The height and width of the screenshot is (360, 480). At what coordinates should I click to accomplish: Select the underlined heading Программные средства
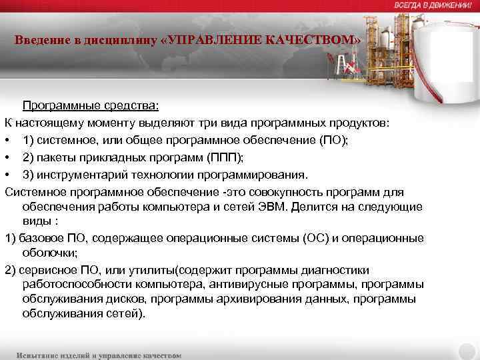(91, 105)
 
